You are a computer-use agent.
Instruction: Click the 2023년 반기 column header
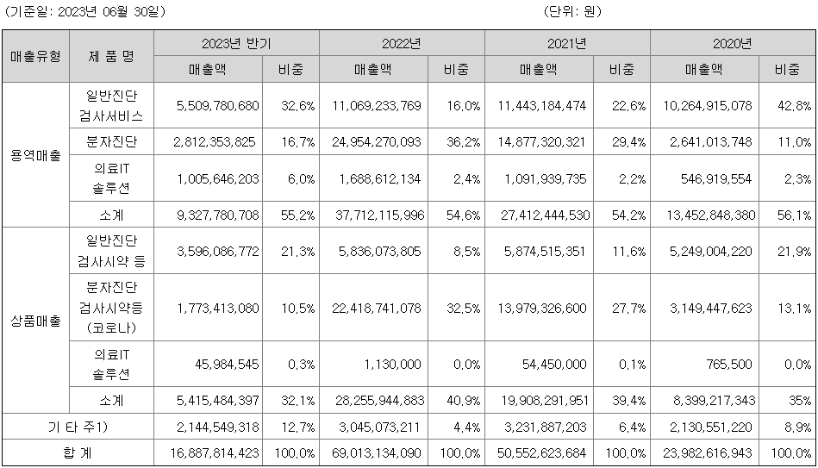236,43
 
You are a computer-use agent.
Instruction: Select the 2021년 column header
567,43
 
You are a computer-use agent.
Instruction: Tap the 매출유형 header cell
35,56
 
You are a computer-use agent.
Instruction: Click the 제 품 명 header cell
111,56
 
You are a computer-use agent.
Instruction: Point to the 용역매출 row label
35,155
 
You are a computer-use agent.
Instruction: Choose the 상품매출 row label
35,321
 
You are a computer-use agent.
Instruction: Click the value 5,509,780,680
216,106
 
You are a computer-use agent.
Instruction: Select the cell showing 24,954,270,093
376,141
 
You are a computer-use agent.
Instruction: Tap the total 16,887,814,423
210,452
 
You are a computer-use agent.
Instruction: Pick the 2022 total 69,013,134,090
376,452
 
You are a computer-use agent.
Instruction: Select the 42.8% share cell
793,106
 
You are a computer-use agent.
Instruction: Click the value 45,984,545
223,365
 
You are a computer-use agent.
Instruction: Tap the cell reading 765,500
728,365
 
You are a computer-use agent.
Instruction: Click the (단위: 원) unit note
573,12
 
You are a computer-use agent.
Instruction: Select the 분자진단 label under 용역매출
111,141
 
